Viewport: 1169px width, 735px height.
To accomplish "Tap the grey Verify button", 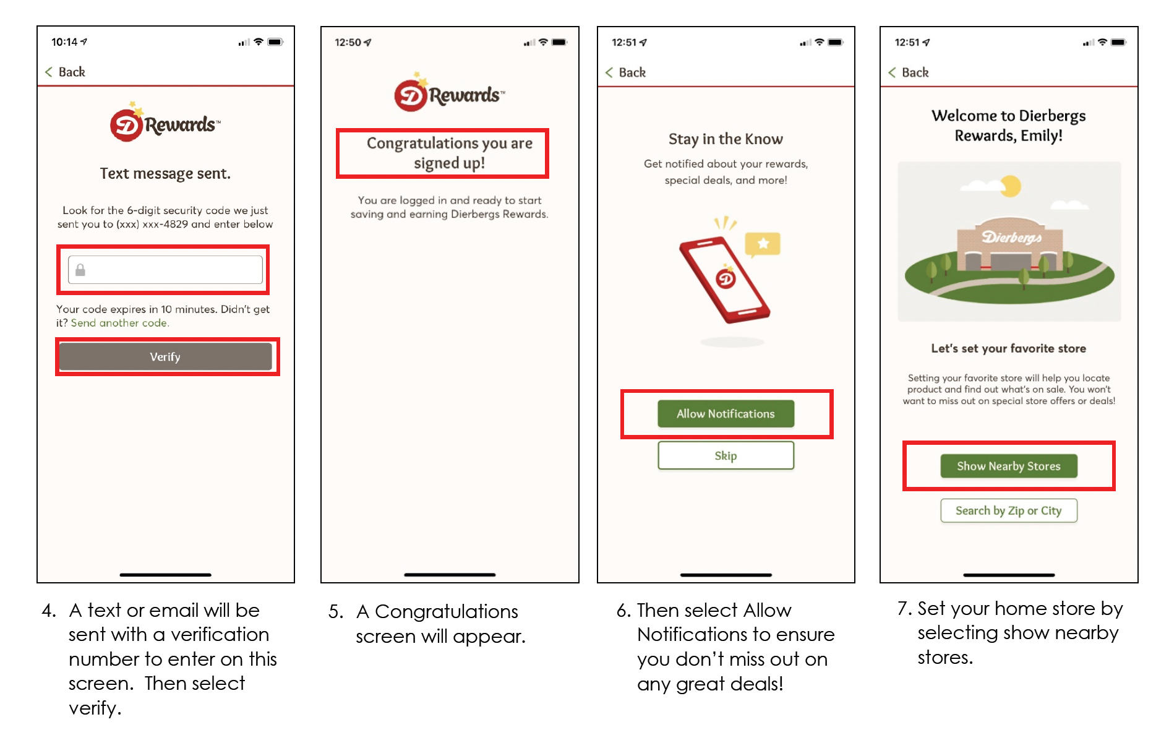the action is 165,357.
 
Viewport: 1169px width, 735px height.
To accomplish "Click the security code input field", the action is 165,270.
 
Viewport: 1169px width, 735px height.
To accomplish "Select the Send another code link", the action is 120,323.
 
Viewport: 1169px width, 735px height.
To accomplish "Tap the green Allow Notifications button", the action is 726,414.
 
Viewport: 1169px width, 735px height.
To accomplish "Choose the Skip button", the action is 726,456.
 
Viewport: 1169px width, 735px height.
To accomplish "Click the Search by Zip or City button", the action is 1008,511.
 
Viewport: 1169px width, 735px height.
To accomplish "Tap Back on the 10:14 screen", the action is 65,72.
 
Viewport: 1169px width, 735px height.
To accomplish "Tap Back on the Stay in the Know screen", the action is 625,72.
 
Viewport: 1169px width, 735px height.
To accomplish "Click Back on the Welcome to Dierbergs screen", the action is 908,72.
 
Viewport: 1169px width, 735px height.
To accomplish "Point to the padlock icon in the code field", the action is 80,270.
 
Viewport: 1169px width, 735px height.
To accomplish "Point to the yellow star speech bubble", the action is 763,244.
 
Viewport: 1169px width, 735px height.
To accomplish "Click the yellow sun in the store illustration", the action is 1010,186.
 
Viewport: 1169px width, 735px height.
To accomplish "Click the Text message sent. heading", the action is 165,174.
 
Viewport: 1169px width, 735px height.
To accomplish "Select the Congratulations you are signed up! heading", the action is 450,153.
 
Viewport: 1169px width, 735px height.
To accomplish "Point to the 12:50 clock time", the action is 348,42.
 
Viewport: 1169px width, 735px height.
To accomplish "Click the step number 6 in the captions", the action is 623,611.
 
